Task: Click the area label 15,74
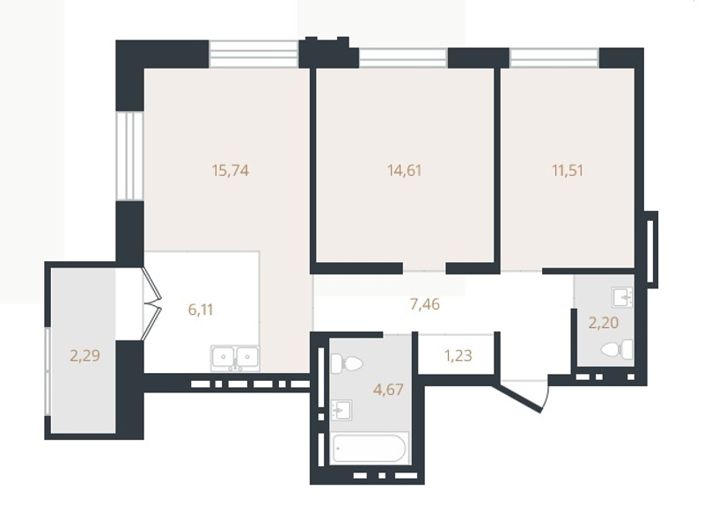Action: (x=231, y=171)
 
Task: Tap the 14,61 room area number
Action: (x=405, y=171)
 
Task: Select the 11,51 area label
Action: (x=568, y=171)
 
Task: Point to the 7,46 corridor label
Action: (x=425, y=304)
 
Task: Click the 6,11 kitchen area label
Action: (x=201, y=310)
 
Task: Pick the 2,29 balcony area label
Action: (x=84, y=356)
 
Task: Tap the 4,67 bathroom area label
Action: (x=388, y=389)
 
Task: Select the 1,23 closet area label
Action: (x=458, y=356)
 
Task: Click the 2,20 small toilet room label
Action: (x=604, y=323)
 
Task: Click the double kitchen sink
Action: (x=235, y=358)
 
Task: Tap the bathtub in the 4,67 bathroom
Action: (x=370, y=448)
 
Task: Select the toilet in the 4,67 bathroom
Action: (x=346, y=362)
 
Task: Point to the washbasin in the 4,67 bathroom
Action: (x=341, y=410)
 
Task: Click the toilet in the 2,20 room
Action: (x=617, y=349)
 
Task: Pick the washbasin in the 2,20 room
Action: (x=622, y=297)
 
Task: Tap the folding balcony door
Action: (x=151, y=303)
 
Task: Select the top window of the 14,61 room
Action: (x=403, y=58)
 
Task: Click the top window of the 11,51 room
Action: (x=554, y=58)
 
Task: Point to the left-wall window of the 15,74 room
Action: (x=129, y=156)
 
